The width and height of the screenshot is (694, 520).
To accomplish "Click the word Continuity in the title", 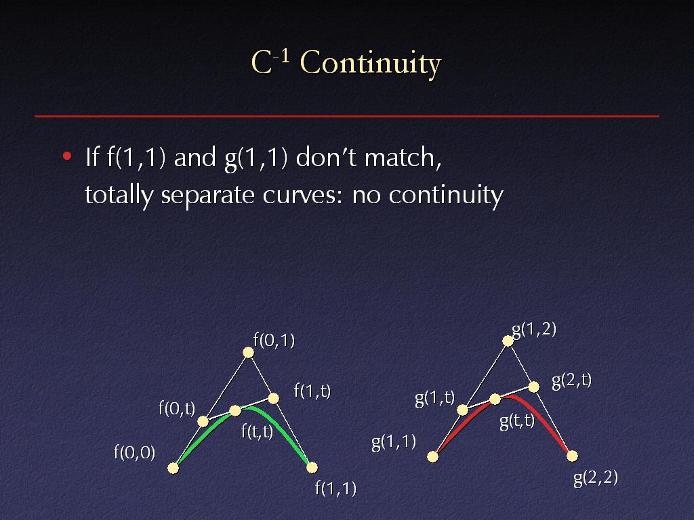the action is coord(371,63).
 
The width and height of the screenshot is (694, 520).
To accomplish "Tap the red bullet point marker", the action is coord(67,156).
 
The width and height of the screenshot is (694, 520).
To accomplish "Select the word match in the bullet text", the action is coord(403,157).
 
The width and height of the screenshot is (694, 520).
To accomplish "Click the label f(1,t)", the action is coord(312,391).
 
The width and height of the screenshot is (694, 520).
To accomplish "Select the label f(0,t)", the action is coord(177,408).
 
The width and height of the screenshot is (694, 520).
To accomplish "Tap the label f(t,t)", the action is coord(257,431).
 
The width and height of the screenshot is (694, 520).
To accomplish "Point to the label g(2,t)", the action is coord(571,381).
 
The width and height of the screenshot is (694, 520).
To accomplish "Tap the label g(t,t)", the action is coord(517,421).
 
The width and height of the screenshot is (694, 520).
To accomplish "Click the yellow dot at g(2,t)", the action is coord(534,387).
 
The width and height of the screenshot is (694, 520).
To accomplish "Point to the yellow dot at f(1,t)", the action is coord(274,399).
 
